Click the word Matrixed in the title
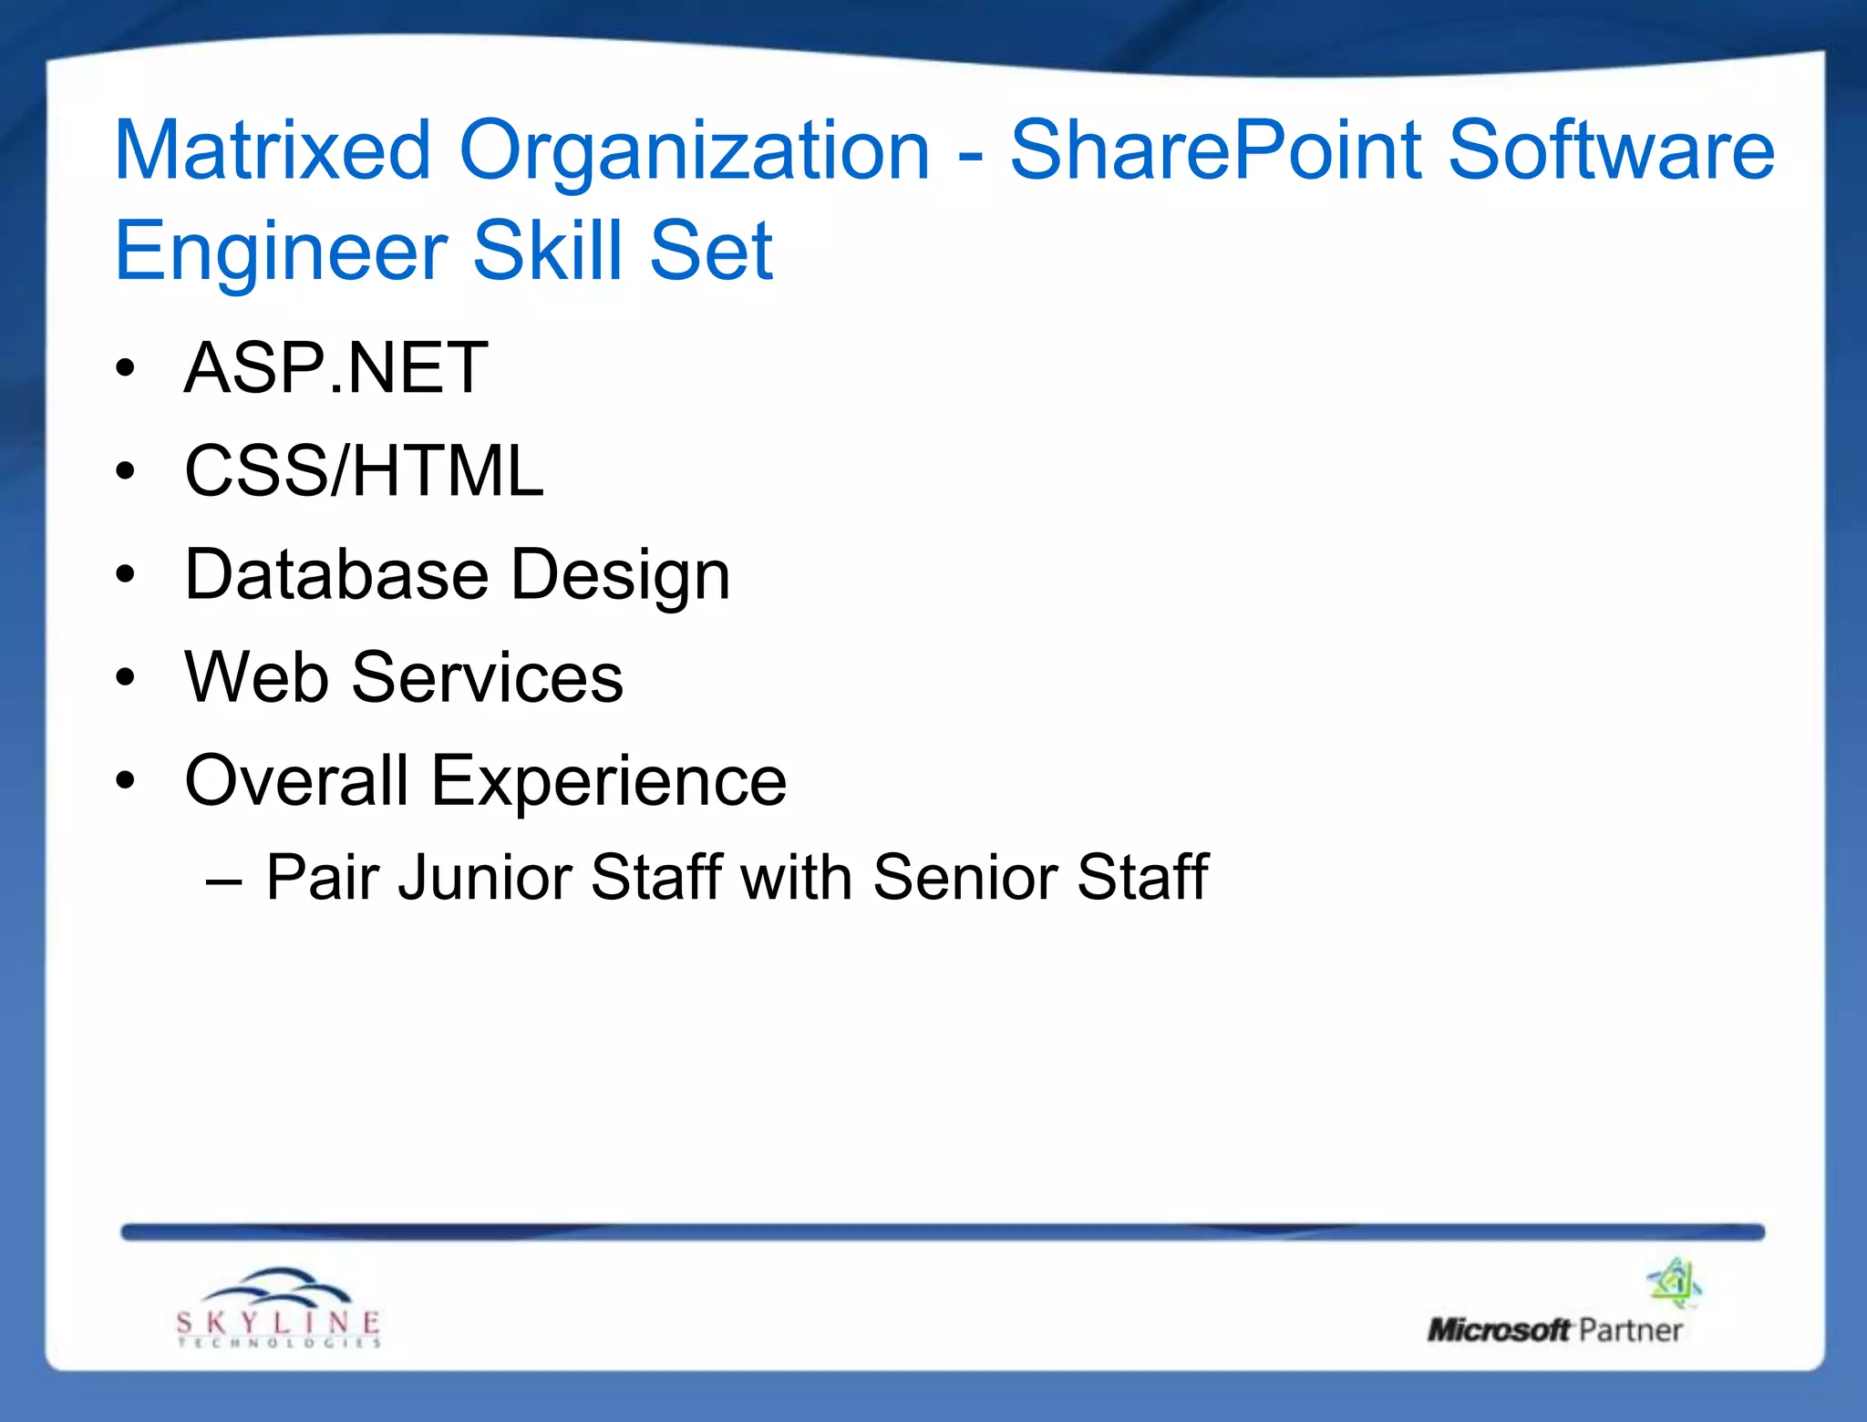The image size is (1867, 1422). (x=272, y=150)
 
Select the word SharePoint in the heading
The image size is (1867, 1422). (x=1215, y=150)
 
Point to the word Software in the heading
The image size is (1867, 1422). (x=1611, y=150)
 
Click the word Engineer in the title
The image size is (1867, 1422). (x=281, y=252)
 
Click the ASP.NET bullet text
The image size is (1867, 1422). (x=335, y=367)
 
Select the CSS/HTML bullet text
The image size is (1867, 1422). (x=364, y=471)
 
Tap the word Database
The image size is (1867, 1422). (x=336, y=574)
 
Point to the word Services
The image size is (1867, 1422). (x=488, y=677)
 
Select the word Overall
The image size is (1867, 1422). (x=296, y=781)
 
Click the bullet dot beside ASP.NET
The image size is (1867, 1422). (x=126, y=368)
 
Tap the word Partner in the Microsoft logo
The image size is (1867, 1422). (x=1630, y=1331)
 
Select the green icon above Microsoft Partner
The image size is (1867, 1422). (x=1675, y=1283)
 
